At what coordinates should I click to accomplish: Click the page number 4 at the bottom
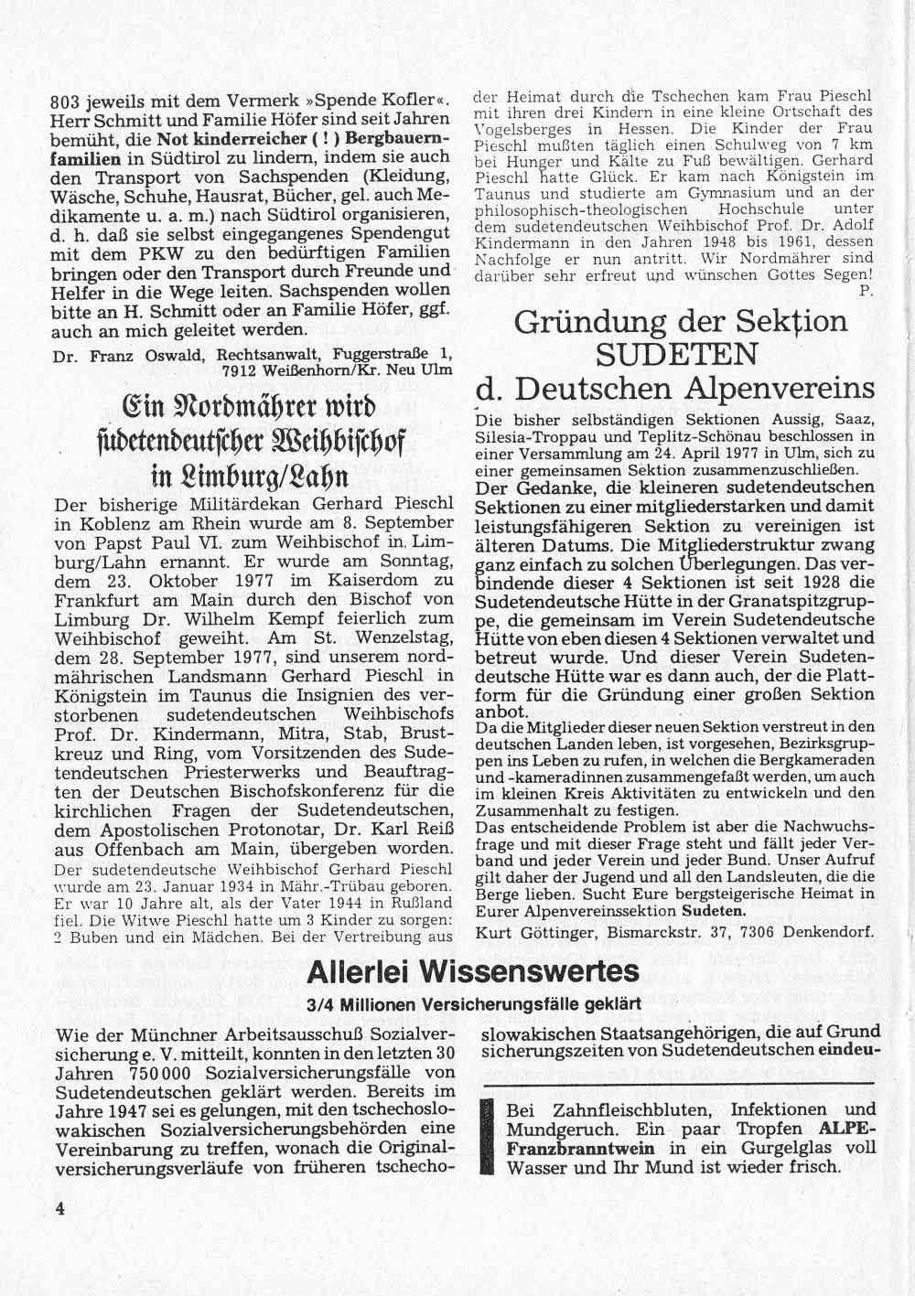[x=60, y=1208]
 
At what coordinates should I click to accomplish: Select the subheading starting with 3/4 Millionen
[x=473, y=1003]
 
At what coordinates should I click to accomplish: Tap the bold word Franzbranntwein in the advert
[x=581, y=1148]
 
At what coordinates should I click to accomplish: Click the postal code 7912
[x=240, y=370]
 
